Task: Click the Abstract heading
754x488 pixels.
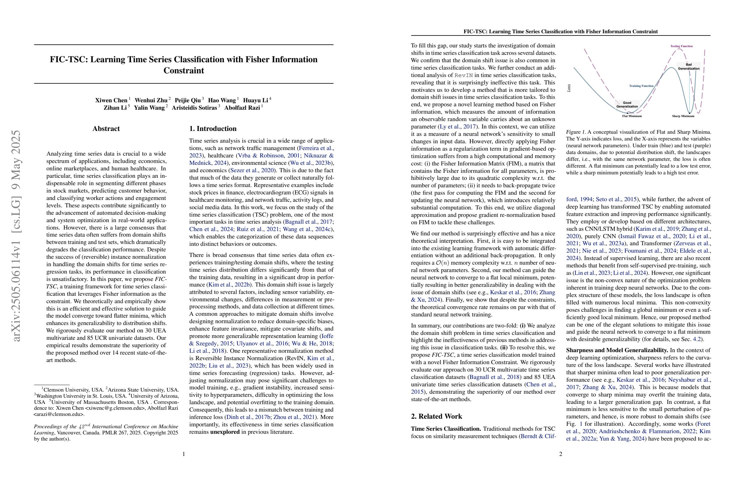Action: click(106, 129)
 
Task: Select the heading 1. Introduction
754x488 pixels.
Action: click(213, 129)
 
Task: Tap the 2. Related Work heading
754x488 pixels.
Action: click(436, 417)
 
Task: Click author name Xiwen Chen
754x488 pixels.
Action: click(111, 100)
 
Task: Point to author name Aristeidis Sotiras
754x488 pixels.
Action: click(194, 108)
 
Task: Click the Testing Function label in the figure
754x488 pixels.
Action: click(681, 46)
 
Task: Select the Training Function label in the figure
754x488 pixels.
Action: click(641, 86)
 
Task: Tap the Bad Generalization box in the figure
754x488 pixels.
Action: click(688, 67)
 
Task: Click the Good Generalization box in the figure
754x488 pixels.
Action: click(627, 104)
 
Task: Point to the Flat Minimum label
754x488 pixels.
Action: click(632, 116)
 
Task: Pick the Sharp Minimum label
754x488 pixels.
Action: click(683, 116)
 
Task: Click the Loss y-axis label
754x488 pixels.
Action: click(569, 88)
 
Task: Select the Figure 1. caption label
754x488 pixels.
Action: click(576, 132)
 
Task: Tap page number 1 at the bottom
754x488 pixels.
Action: click(184, 454)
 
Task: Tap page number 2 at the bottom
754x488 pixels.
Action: click(561, 454)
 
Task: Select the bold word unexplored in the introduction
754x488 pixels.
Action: click(225, 432)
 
